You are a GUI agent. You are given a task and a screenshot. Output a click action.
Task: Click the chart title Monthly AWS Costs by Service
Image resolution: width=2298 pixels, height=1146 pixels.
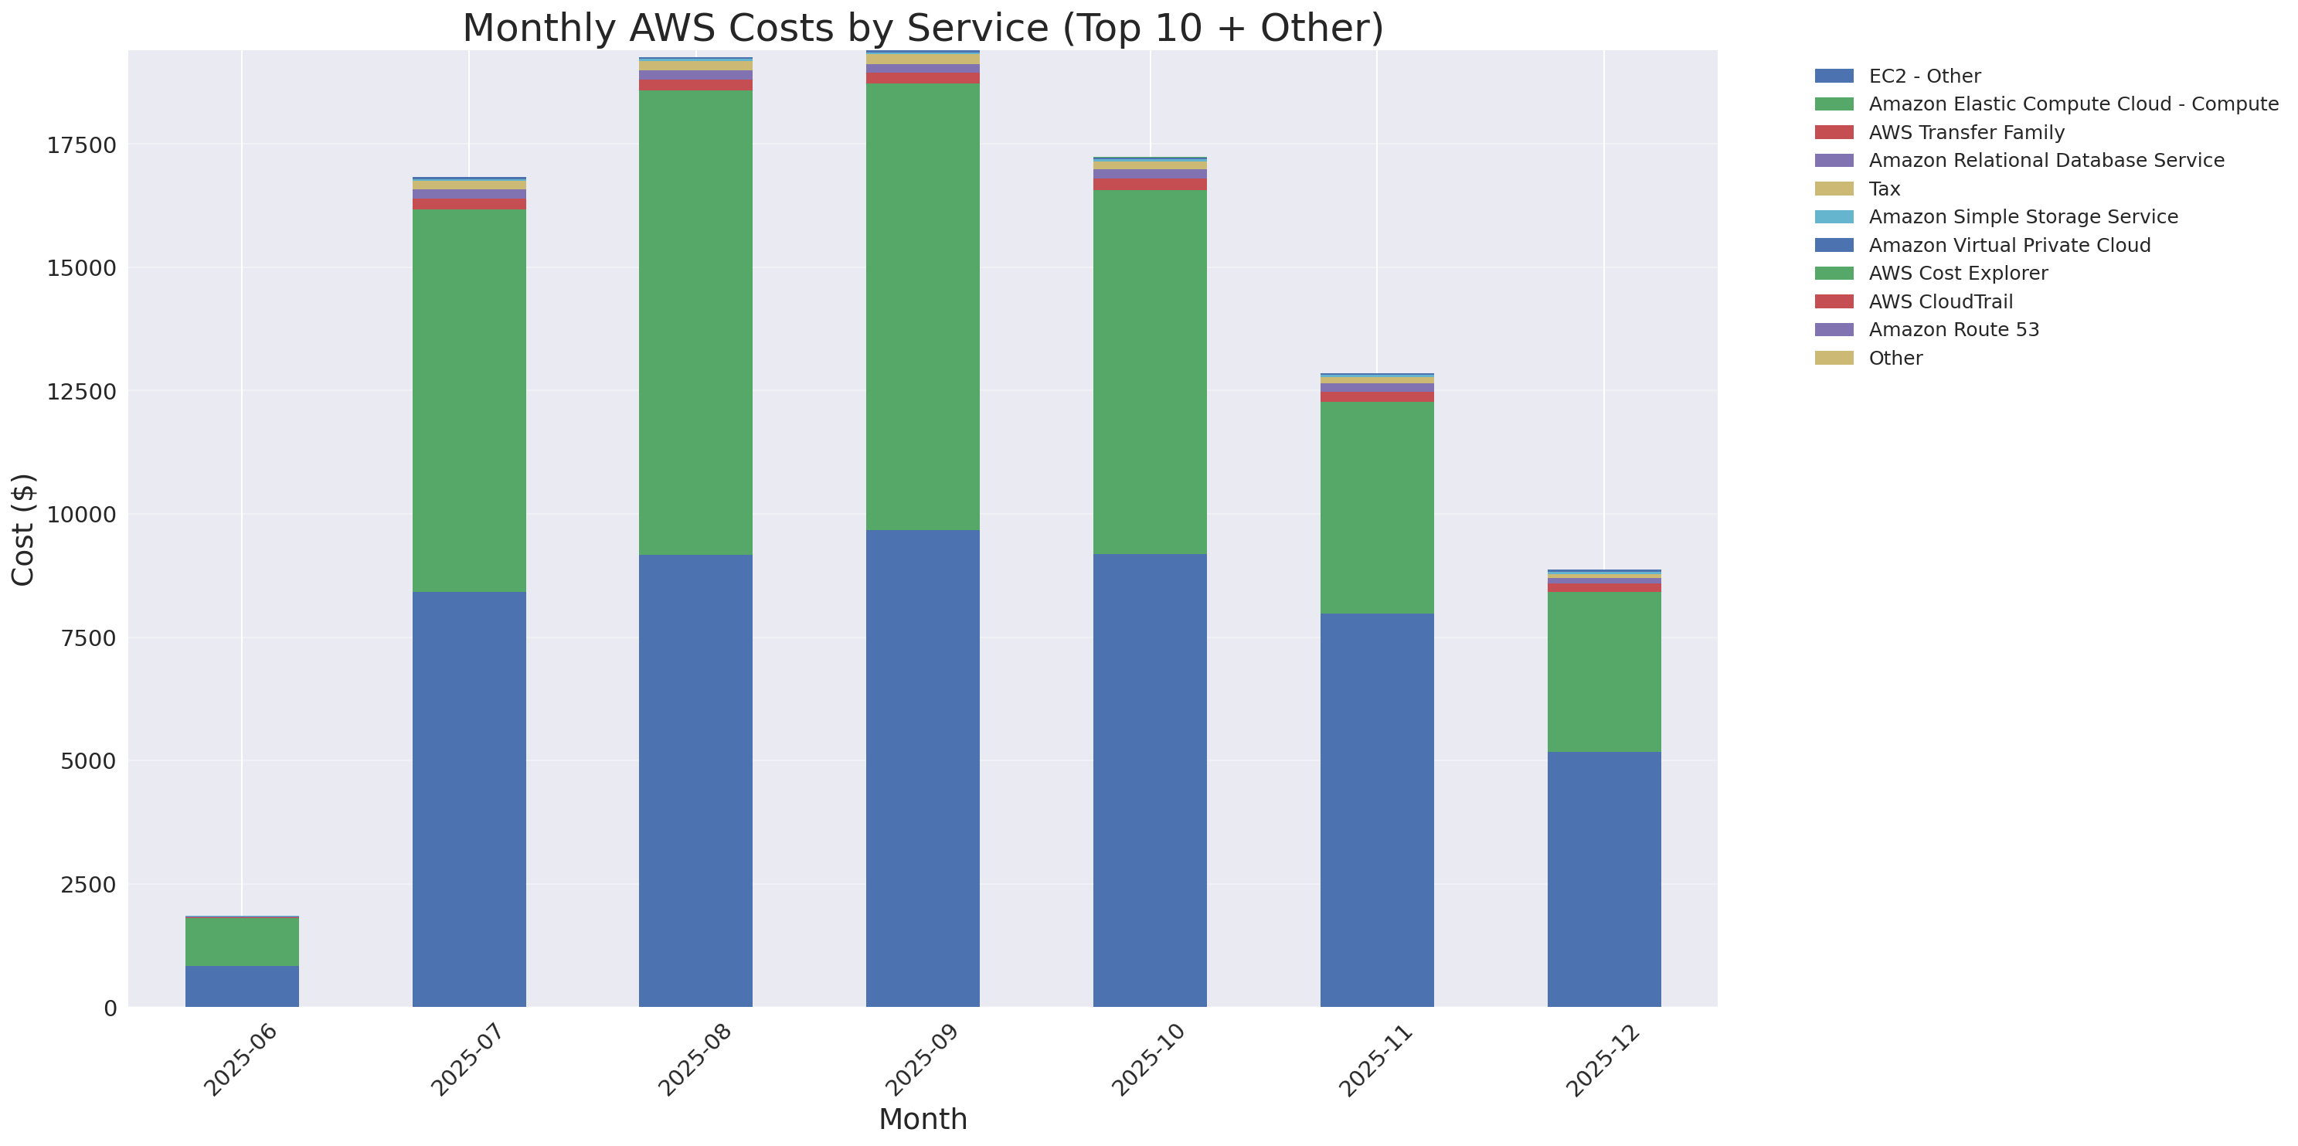(x=923, y=28)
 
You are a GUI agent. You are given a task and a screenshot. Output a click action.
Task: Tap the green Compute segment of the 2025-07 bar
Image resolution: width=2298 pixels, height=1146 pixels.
(x=468, y=400)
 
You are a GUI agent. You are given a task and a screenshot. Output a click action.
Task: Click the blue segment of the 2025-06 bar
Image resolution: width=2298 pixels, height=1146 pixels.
(x=242, y=986)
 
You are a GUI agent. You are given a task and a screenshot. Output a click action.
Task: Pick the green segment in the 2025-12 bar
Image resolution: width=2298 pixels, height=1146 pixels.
(x=1603, y=672)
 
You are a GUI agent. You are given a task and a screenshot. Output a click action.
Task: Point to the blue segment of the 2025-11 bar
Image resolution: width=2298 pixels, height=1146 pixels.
(x=1376, y=810)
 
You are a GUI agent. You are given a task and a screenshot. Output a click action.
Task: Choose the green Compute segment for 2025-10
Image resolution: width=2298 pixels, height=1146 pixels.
(x=1149, y=372)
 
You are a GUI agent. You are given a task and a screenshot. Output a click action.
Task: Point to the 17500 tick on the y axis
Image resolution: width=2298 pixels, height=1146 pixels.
(x=81, y=145)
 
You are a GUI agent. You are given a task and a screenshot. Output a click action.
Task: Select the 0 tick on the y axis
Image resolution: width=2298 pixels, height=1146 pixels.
(x=110, y=1008)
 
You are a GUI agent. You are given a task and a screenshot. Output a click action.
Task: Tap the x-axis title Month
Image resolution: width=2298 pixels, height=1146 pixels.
(x=923, y=1119)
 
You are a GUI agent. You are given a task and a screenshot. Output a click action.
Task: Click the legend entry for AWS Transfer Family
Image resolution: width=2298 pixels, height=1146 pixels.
(x=1967, y=133)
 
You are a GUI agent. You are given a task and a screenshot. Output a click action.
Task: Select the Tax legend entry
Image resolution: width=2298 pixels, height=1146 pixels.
(x=1884, y=189)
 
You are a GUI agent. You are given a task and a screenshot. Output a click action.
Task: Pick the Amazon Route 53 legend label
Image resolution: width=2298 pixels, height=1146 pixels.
(x=1953, y=330)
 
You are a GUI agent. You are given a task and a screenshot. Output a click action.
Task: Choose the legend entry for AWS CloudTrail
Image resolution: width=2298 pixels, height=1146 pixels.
(x=1940, y=301)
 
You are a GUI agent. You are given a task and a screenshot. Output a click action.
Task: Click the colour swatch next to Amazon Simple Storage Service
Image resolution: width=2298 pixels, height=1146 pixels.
(x=1834, y=216)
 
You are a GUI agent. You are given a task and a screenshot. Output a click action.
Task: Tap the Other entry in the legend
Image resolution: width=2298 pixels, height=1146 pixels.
(x=1895, y=359)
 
